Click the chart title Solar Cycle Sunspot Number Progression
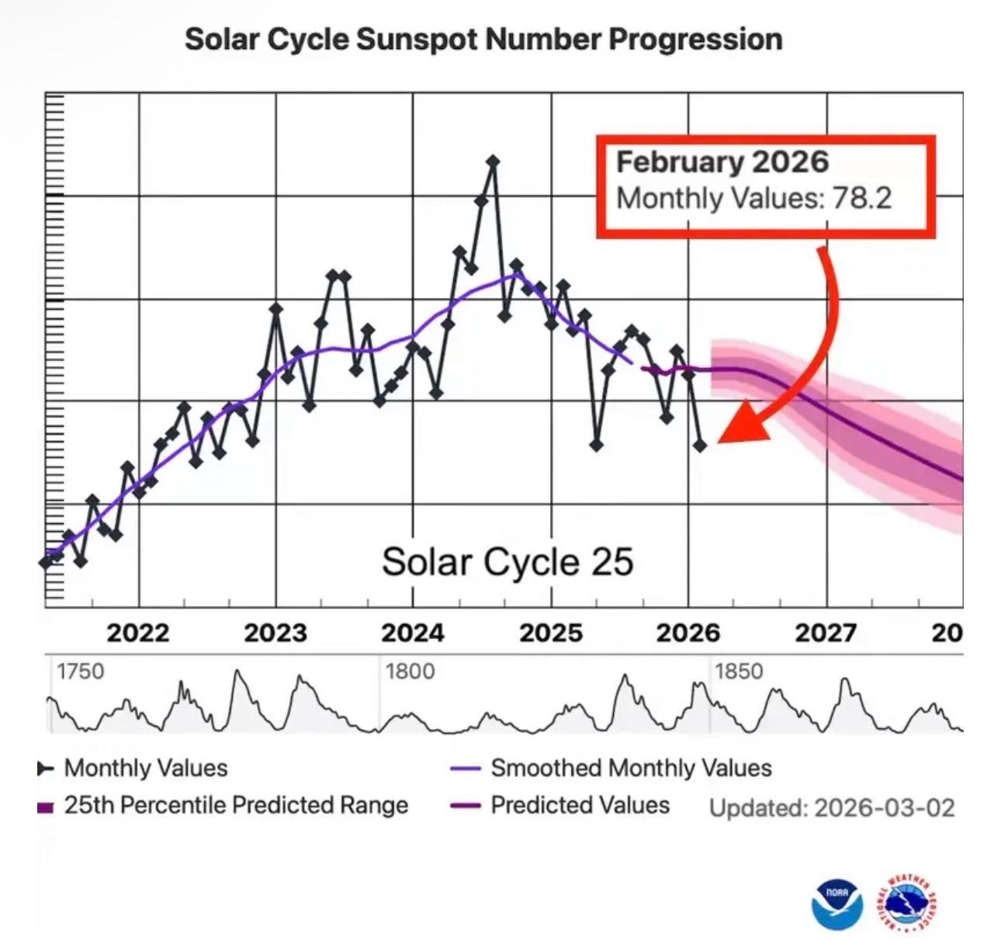coord(483,39)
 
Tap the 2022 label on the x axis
coord(138,633)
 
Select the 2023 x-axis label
coord(275,633)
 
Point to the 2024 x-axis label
coord(413,633)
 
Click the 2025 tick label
coord(551,633)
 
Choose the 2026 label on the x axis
coord(688,633)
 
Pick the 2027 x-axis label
coord(826,633)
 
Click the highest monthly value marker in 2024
coord(492,161)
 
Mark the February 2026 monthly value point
coord(700,446)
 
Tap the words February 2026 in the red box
coord(722,162)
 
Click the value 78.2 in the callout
coord(861,198)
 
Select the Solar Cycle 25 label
coord(507,561)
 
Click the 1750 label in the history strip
coord(80,672)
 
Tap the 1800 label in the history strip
coord(410,672)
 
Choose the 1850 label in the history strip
coord(739,672)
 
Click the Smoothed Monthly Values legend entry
coord(630,769)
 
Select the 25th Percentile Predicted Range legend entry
coord(235,805)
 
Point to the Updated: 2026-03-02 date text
coord(832,807)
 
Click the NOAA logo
coord(837,904)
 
